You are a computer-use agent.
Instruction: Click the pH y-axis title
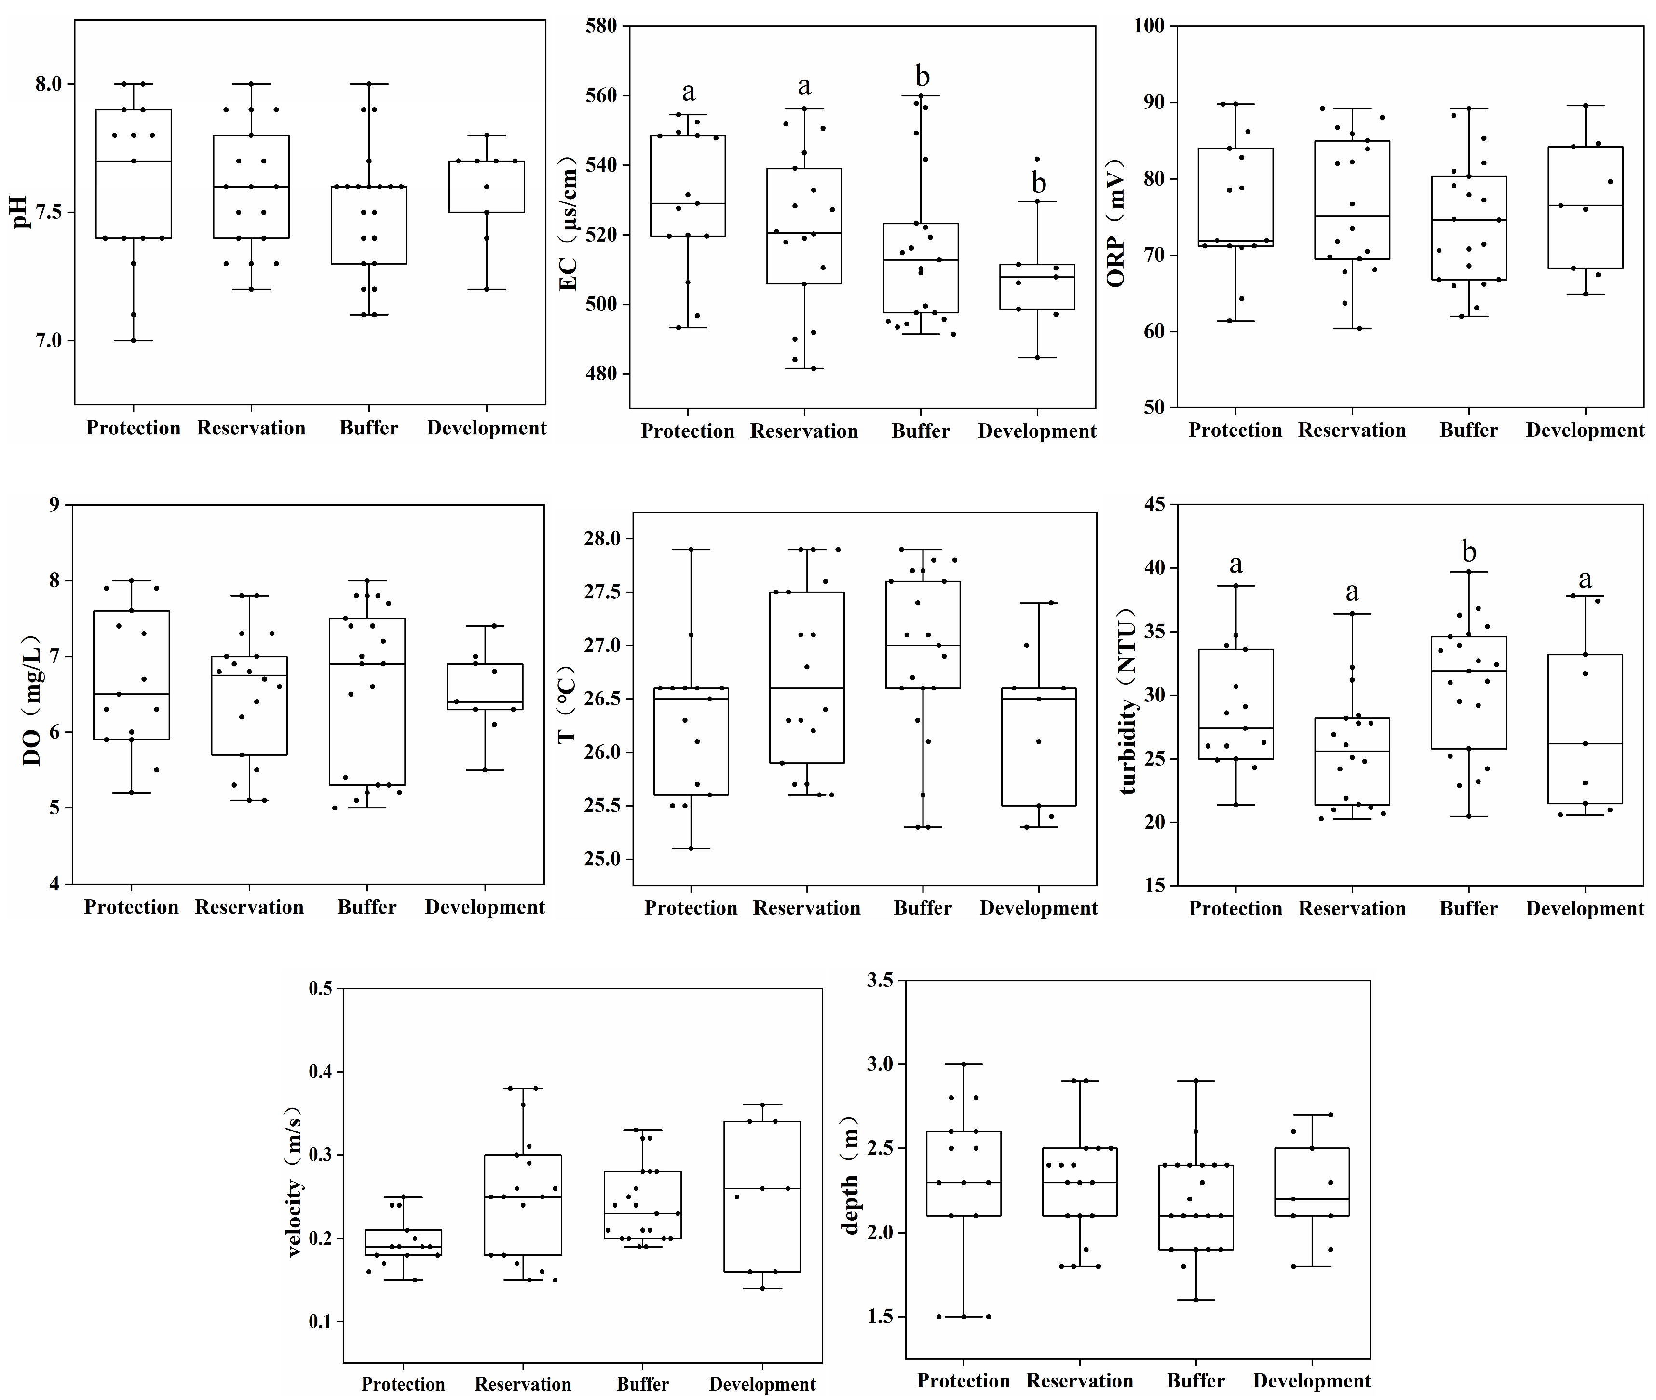click(x=22, y=212)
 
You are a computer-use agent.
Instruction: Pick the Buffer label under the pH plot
click(x=368, y=428)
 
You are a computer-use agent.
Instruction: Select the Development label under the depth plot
click(x=1312, y=1380)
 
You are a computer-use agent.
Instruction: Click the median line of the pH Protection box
click(x=134, y=161)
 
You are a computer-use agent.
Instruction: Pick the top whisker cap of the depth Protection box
click(x=964, y=1063)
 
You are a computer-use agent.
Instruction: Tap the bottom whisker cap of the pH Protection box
click(x=134, y=340)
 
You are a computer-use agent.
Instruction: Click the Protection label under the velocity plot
click(x=403, y=1384)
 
